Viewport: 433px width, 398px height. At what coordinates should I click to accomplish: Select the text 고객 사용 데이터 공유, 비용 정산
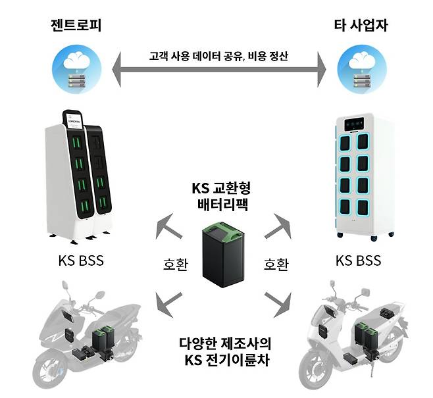click(216, 56)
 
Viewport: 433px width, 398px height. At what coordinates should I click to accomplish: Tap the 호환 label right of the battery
click(275, 264)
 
